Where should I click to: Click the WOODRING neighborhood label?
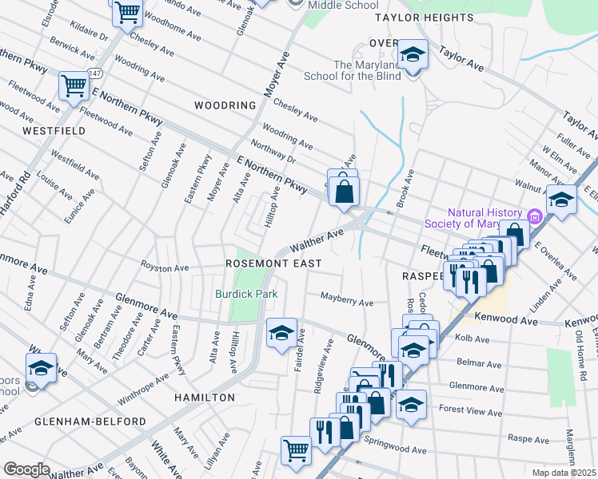point(225,105)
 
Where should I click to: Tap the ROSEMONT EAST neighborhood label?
point(273,263)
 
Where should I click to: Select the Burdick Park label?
point(246,294)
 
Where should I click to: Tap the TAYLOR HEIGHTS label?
point(424,18)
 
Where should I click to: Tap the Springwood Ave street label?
point(390,440)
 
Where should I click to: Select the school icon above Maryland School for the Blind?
point(413,54)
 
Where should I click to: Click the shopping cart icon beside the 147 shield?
point(73,85)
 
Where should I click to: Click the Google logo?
point(26,469)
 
